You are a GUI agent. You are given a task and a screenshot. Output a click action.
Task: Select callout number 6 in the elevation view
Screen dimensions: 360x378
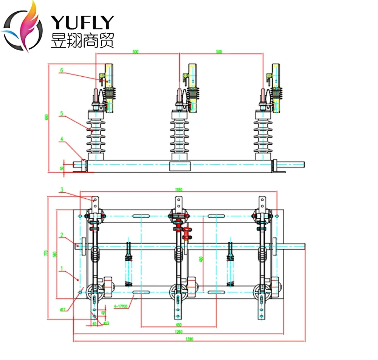pyautogui.click(x=61, y=70)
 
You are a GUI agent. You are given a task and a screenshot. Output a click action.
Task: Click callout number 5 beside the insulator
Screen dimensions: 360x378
pyautogui.click(x=61, y=113)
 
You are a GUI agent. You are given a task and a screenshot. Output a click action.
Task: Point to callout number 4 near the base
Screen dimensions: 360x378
pyautogui.click(x=61, y=139)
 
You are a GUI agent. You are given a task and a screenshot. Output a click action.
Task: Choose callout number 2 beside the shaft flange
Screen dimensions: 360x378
pyautogui.click(x=61, y=235)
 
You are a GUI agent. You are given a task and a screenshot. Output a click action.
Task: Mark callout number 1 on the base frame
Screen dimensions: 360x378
pyautogui.click(x=61, y=269)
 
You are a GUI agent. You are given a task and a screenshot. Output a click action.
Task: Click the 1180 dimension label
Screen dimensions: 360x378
pyautogui.click(x=179, y=189)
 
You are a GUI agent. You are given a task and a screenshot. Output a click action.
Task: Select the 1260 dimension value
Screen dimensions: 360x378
pyautogui.click(x=179, y=332)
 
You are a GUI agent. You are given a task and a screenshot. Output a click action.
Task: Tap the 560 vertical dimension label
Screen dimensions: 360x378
pyautogui.click(x=54, y=255)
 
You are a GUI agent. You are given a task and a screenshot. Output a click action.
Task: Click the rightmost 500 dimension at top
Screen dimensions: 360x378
pyautogui.click(x=219, y=52)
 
